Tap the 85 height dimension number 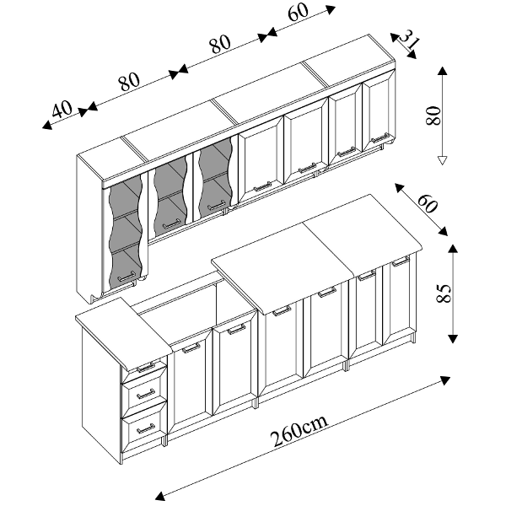[x=443, y=293]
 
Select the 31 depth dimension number [x=409, y=40]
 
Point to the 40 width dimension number [x=62, y=109]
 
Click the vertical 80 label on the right [x=433, y=116]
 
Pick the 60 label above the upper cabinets [x=299, y=13]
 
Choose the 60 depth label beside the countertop [x=428, y=203]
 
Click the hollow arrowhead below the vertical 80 [x=443, y=160]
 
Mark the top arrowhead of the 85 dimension [x=453, y=249]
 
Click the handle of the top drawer [x=146, y=367]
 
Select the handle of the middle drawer [x=146, y=395]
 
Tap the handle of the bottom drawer [x=146, y=429]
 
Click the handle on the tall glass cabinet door [x=126, y=277]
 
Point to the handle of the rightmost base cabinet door [x=400, y=261]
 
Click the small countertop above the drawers [x=123, y=333]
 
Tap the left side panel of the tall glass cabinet [x=89, y=229]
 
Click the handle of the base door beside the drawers [x=191, y=348]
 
